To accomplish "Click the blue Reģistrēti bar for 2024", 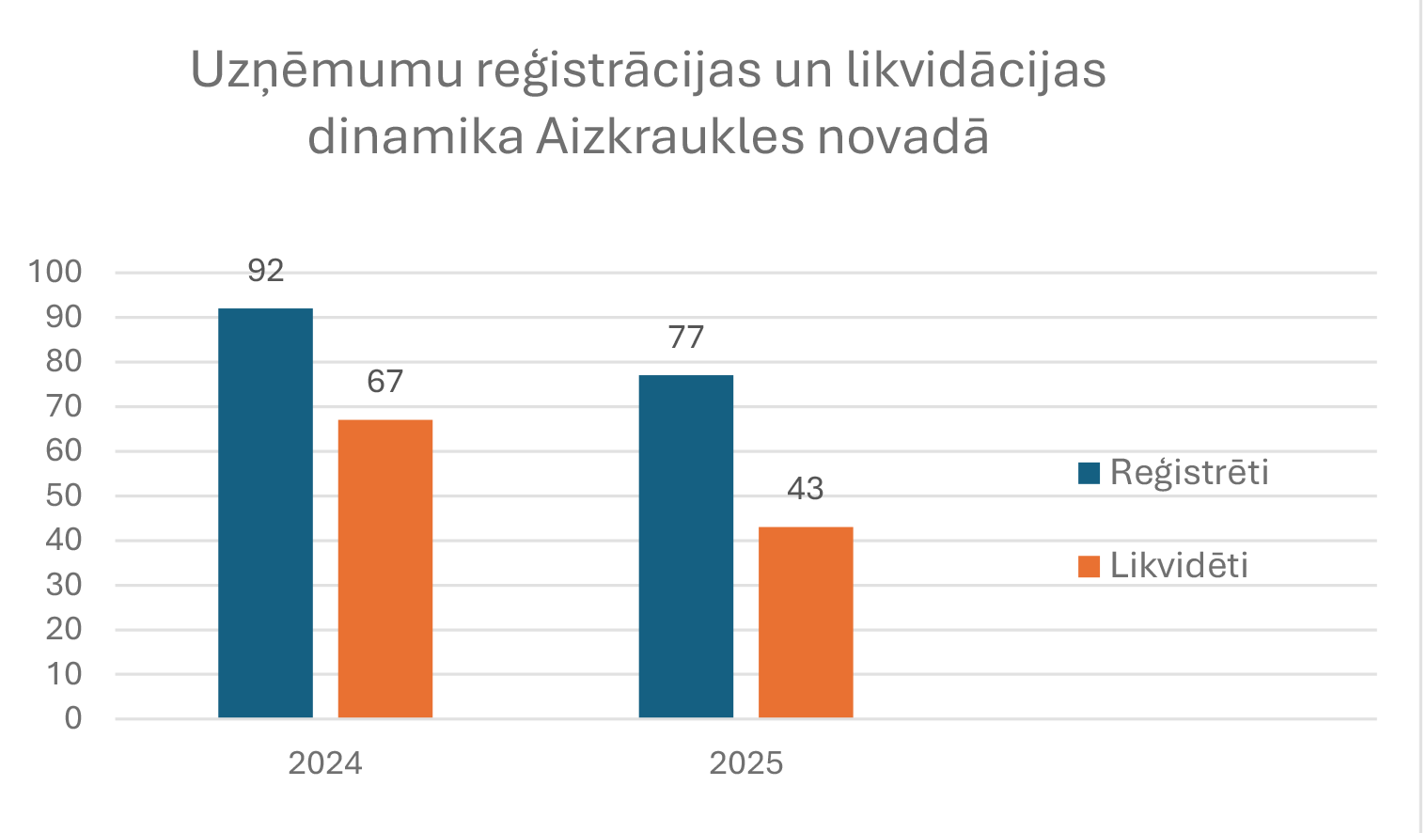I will (265, 512).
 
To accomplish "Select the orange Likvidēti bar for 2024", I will (385, 568).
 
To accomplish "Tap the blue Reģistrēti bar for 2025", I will (686, 546).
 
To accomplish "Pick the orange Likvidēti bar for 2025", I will (806, 621).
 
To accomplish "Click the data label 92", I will (266, 271).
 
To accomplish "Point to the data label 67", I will (385, 381).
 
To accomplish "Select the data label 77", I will (686, 337).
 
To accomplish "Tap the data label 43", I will (806, 489).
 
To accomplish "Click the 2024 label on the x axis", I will (325, 762).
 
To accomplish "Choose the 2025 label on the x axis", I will (746, 762).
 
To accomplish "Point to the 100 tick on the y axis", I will (55, 273).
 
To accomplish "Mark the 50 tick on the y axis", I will (64, 495).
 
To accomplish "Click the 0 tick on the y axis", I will (73, 718).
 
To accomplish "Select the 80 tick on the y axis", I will (64, 362).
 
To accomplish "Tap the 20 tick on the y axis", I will (64, 629).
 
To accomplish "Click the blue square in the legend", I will (1089, 473).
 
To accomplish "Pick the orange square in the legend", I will (1089, 566).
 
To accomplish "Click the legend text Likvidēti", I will (1179, 565).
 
